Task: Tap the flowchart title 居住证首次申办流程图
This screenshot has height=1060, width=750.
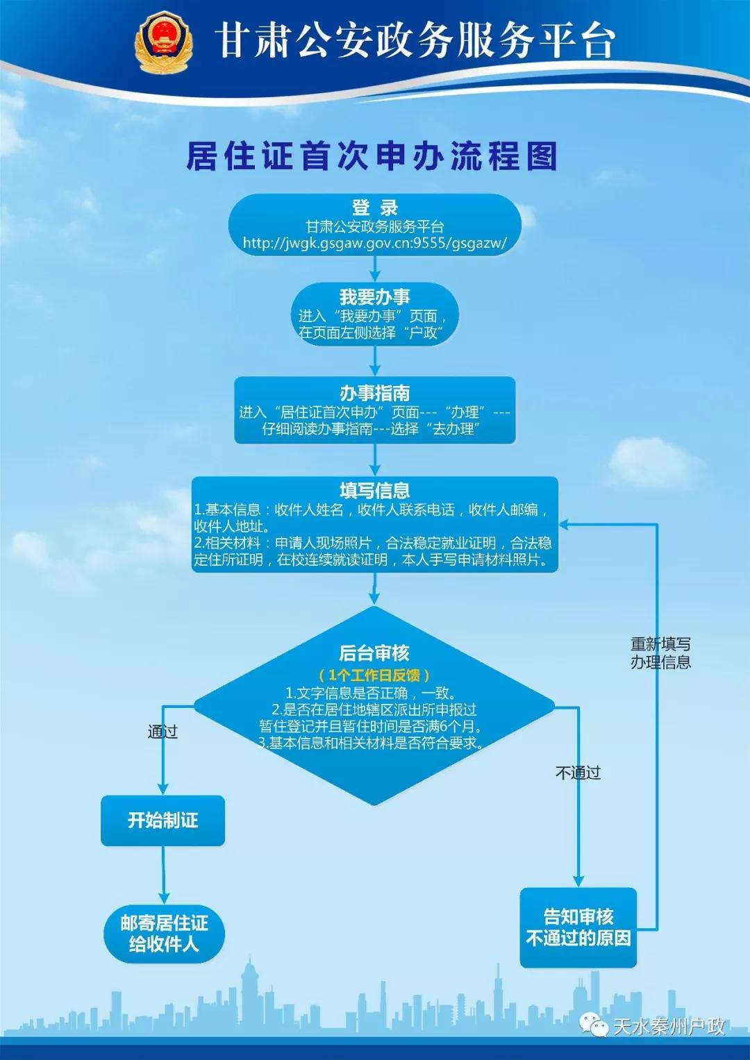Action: pos(372,156)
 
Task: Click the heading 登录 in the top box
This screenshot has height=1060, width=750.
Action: pos(375,208)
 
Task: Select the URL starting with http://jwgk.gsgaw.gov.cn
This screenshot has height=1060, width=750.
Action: pos(375,243)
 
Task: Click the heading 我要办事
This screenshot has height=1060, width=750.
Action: pos(375,297)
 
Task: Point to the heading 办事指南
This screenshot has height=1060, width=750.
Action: pos(375,393)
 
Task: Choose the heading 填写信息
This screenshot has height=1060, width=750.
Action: pos(375,491)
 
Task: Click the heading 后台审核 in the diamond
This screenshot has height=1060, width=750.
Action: pos(374,653)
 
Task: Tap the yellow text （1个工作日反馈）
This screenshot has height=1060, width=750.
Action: pos(374,675)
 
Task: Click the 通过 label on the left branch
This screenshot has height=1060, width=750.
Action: pos(162,732)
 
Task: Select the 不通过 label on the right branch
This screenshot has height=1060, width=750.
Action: pos(578,773)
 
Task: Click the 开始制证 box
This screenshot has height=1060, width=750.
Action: pos(162,821)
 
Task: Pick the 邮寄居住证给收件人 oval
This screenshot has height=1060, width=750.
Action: pos(165,933)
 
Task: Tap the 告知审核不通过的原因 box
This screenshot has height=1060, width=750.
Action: pos(578,927)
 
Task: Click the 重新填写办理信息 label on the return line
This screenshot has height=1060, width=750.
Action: pos(660,653)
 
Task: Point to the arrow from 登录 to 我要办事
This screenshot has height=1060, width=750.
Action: pos(375,269)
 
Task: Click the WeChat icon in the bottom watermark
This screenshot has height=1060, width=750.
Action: pos(594,1024)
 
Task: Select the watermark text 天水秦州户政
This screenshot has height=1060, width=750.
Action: pos(669,1026)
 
